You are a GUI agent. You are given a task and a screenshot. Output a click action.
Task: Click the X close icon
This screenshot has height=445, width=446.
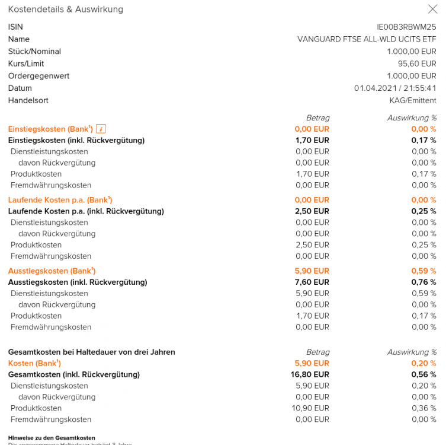click(432, 9)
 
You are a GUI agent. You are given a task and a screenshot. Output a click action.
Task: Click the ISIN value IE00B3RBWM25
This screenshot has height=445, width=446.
click(406, 27)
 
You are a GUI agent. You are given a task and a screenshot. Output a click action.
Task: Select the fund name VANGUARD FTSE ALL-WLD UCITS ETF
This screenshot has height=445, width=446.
click(367, 39)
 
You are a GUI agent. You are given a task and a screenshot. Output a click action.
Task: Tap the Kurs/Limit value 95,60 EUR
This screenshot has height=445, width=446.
click(417, 63)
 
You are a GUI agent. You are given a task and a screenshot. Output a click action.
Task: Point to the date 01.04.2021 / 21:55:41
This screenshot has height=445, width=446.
click(395, 88)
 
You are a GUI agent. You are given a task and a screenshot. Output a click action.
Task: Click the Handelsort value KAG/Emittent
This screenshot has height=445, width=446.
click(413, 100)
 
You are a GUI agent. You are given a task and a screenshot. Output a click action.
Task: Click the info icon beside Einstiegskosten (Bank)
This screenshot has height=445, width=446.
click(101, 129)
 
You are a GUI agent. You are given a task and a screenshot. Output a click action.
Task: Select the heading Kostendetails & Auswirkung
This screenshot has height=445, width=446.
click(66, 9)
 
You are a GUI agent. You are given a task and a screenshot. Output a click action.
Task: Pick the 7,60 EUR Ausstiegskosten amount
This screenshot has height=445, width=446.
click(312, 282)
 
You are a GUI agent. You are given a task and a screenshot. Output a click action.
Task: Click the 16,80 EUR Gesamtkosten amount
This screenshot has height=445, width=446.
click(310, 374)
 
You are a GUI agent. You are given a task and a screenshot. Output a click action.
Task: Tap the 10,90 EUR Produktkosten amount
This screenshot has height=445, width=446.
click(312, 408)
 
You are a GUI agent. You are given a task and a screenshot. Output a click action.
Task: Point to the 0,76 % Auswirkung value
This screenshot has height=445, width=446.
click(423, 282)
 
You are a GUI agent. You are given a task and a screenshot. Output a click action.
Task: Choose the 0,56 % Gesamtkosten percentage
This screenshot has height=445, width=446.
click(423, 374)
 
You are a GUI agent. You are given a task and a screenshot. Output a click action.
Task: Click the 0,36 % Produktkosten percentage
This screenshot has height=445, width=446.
click(424, 408)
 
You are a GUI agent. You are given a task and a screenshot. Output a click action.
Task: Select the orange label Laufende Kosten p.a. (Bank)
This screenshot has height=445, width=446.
click(60, 200)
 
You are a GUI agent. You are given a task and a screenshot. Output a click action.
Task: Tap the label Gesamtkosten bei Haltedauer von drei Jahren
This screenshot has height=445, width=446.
click(91, 352)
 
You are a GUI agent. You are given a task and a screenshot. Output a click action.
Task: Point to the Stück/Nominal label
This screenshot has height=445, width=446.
click(34, 52)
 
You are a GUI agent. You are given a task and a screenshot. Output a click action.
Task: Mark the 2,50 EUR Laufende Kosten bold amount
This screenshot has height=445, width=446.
click(312, 211)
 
